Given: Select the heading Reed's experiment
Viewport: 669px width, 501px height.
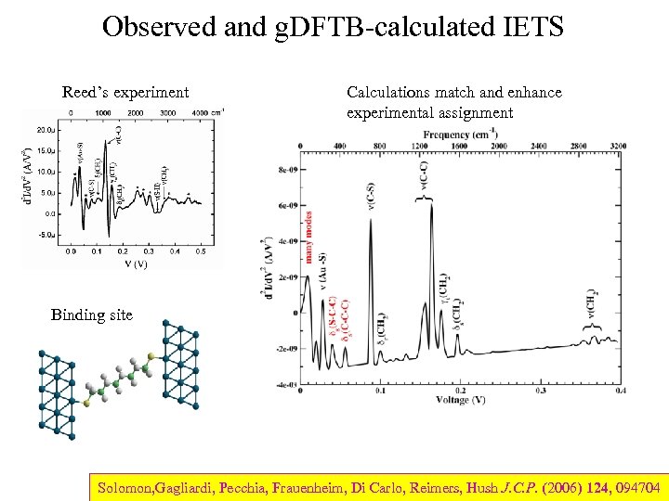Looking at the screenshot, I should click(x=125, y=92).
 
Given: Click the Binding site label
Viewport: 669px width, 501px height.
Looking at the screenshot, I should click(x=91, y=315).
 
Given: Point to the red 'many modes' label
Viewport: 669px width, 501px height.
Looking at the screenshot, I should click(x=308, y=236).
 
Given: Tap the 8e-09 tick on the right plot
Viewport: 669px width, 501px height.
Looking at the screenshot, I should click(x=286, y=170).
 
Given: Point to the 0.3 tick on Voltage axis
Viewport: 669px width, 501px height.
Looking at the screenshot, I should click(x=541, y=392).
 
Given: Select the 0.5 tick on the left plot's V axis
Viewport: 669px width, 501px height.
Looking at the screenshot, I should click(x=201, y=250).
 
